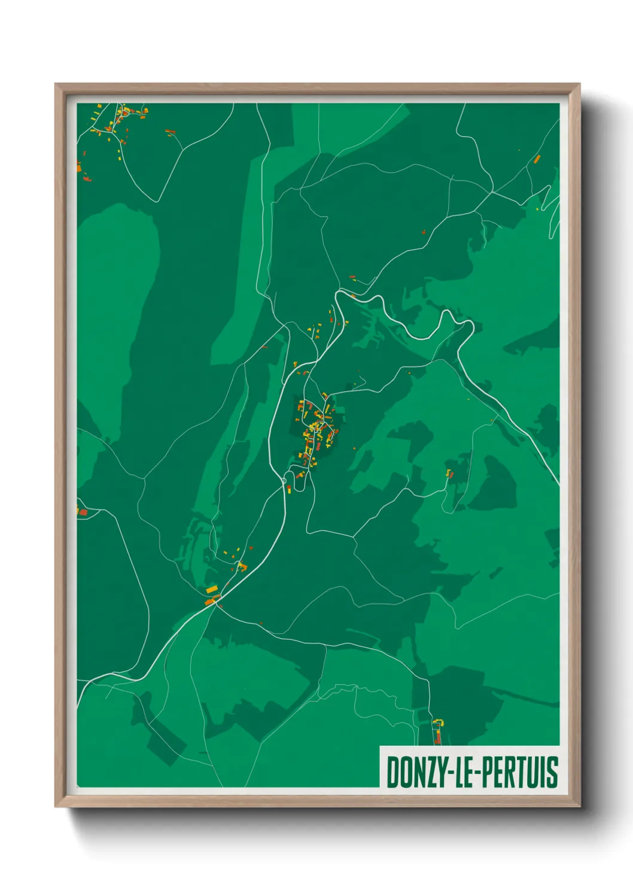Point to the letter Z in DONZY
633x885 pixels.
(x=424, y=772)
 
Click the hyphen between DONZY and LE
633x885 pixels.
(x=449, y=773)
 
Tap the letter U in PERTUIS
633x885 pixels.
(x=531, y=772)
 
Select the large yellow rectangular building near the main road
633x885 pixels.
(x=212, y=590)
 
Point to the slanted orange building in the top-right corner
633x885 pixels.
(x=537, y=159)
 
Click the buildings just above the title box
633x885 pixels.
(x=438, y=731)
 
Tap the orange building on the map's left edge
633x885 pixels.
(x=83, y=512)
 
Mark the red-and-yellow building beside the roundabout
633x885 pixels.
(x=289, y=489)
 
